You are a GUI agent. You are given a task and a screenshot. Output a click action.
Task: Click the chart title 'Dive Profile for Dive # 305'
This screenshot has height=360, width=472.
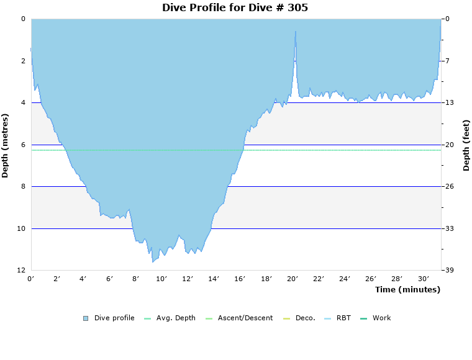235,8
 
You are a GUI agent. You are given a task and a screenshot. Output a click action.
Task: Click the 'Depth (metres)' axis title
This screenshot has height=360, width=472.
6,145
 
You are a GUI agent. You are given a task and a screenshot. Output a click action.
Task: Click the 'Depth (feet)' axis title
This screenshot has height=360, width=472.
466,145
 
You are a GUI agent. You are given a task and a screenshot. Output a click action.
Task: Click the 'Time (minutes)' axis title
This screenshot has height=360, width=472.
407,290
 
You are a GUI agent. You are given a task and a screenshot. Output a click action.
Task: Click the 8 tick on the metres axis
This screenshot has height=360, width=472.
23,187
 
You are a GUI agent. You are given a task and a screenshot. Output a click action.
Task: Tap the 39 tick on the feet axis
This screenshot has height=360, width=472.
448,271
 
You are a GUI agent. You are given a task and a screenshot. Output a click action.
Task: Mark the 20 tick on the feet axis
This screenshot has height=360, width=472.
448,145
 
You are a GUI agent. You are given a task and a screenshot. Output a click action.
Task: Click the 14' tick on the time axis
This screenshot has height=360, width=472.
214,279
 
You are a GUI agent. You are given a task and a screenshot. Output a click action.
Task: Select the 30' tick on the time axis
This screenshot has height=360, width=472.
424,279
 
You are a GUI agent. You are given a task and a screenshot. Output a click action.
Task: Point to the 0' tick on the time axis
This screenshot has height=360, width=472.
31,279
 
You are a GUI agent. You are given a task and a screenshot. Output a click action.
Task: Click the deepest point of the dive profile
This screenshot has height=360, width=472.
153,262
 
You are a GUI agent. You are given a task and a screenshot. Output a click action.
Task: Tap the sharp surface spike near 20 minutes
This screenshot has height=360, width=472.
296,31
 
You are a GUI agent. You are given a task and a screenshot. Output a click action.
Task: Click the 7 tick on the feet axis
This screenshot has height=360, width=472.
446,61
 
